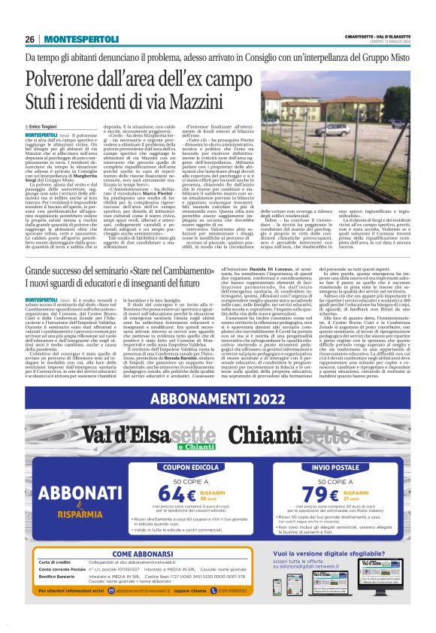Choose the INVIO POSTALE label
(x=331, y=467)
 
